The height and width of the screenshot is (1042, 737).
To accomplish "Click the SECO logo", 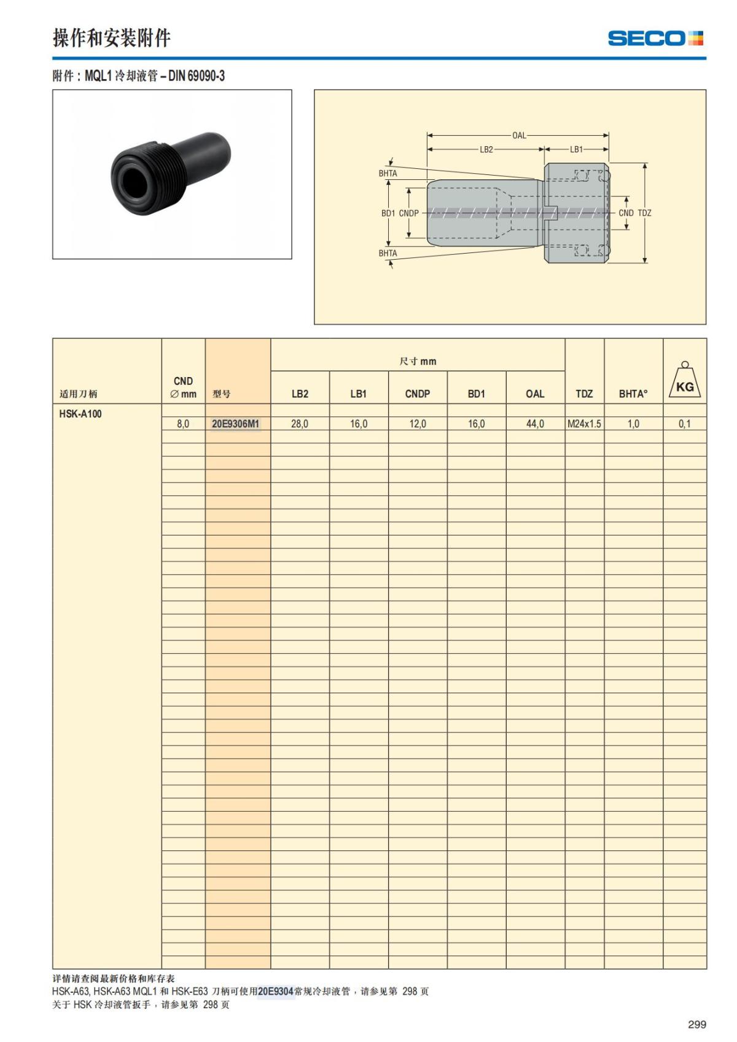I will click(x=655, y=38).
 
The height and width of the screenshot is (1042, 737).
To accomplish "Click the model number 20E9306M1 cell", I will click(x=236, y=424).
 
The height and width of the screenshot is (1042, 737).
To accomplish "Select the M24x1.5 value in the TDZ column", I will click(x=584, y=424).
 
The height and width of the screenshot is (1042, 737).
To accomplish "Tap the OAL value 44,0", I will click(x=535, y=424).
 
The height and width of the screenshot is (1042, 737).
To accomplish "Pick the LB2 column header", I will click(x=300, y=394).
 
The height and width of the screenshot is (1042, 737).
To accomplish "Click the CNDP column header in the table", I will click(x=417, y=394).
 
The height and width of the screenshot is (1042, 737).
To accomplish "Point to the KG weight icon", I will click(x=685, y=382).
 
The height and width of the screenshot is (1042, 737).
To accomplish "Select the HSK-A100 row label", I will click(x=80, y=414).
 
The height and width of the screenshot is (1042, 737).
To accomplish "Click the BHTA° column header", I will click(x=633, y=394).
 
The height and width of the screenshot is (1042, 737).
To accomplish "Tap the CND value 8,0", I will click(x=183, y=424).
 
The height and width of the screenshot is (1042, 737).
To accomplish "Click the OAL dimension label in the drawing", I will click(x=519, y=135).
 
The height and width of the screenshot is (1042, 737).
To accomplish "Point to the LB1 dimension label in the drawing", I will click(x=576, y=149).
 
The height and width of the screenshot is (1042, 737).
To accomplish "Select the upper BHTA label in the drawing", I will click(x=388, y=174).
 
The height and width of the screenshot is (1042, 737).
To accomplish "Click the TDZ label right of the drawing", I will click(x=645, y=213).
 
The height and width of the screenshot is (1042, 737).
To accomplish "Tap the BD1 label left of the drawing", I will click(x=388, y=213).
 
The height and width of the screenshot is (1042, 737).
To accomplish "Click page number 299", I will click(x=696, y=1024).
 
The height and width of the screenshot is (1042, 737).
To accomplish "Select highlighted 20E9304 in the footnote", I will click(x=276, y=991).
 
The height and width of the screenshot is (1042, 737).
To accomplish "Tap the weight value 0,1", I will click(x=684, y=424).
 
